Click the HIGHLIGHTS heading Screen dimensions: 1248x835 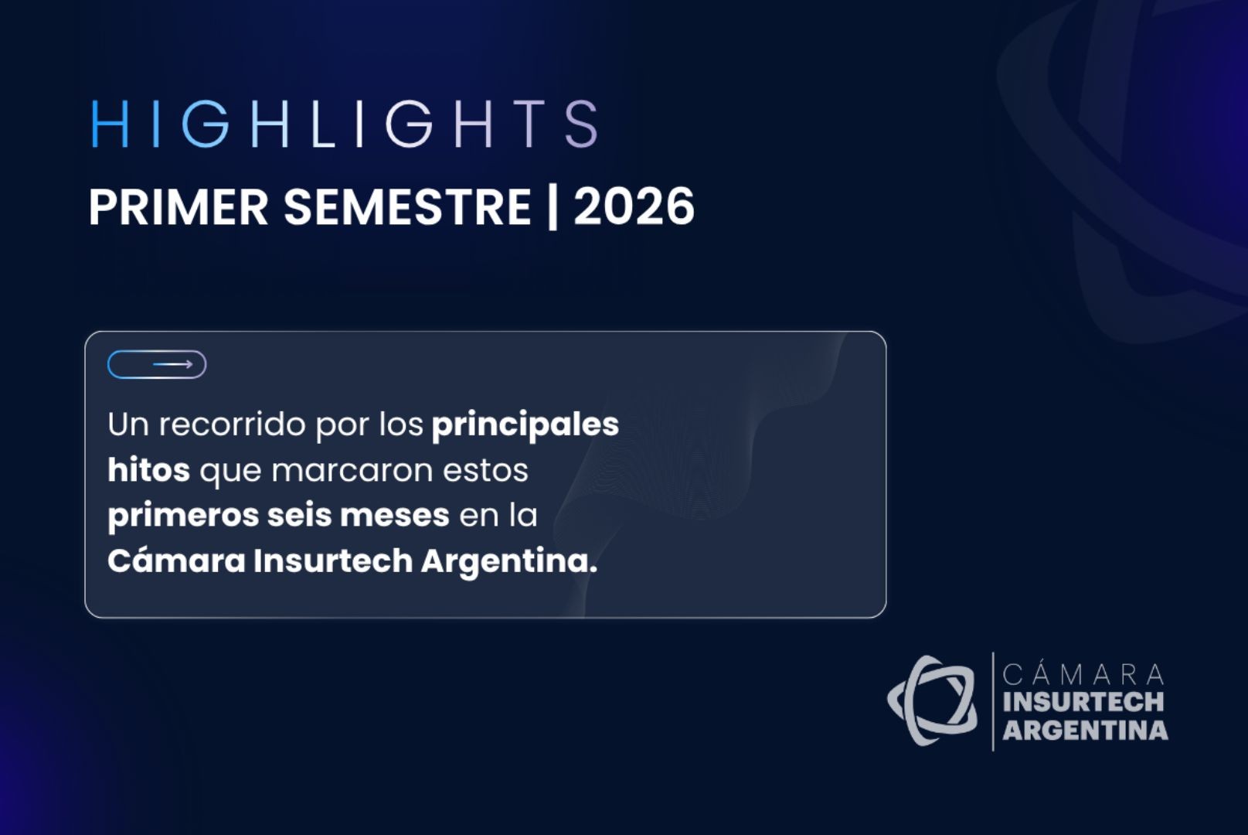(x=345, y=124)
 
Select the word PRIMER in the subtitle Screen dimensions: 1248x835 (x=179, y=207)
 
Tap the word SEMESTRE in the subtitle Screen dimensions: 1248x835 (x=407, y=207)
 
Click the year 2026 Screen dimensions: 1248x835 (x=634, y=207)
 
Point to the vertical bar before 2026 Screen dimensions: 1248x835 (x=553, y=207)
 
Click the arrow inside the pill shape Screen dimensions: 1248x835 (x=173, y=365)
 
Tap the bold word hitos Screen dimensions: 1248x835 (x=149, y=469)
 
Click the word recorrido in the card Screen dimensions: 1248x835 (x=233, y=424)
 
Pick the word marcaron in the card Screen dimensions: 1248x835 (x=352, y=471)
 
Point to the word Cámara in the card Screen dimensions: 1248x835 (x=177, y=560)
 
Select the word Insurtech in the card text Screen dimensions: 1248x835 (x=333, y=561)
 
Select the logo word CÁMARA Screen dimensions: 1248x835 (x=1083, y=673)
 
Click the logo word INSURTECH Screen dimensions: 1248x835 (x=1083, y=702)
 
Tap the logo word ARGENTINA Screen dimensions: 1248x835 (x=1085, y=730)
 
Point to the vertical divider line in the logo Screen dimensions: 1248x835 (x=993, y=702)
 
